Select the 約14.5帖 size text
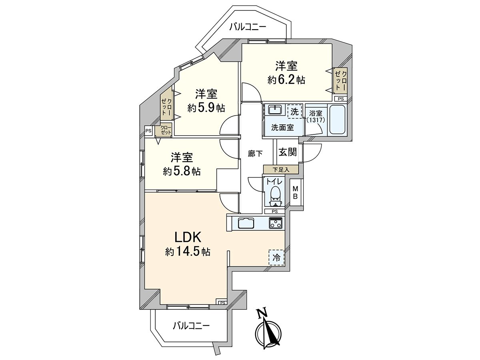188,252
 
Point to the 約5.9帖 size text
206,108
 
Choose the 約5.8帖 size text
182,171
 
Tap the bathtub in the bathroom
338,120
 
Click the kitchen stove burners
275,223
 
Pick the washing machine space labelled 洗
294,112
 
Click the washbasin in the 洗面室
275,110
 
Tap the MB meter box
295,193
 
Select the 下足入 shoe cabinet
280,170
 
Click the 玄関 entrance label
287,152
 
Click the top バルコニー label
248,27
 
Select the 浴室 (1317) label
316,116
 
